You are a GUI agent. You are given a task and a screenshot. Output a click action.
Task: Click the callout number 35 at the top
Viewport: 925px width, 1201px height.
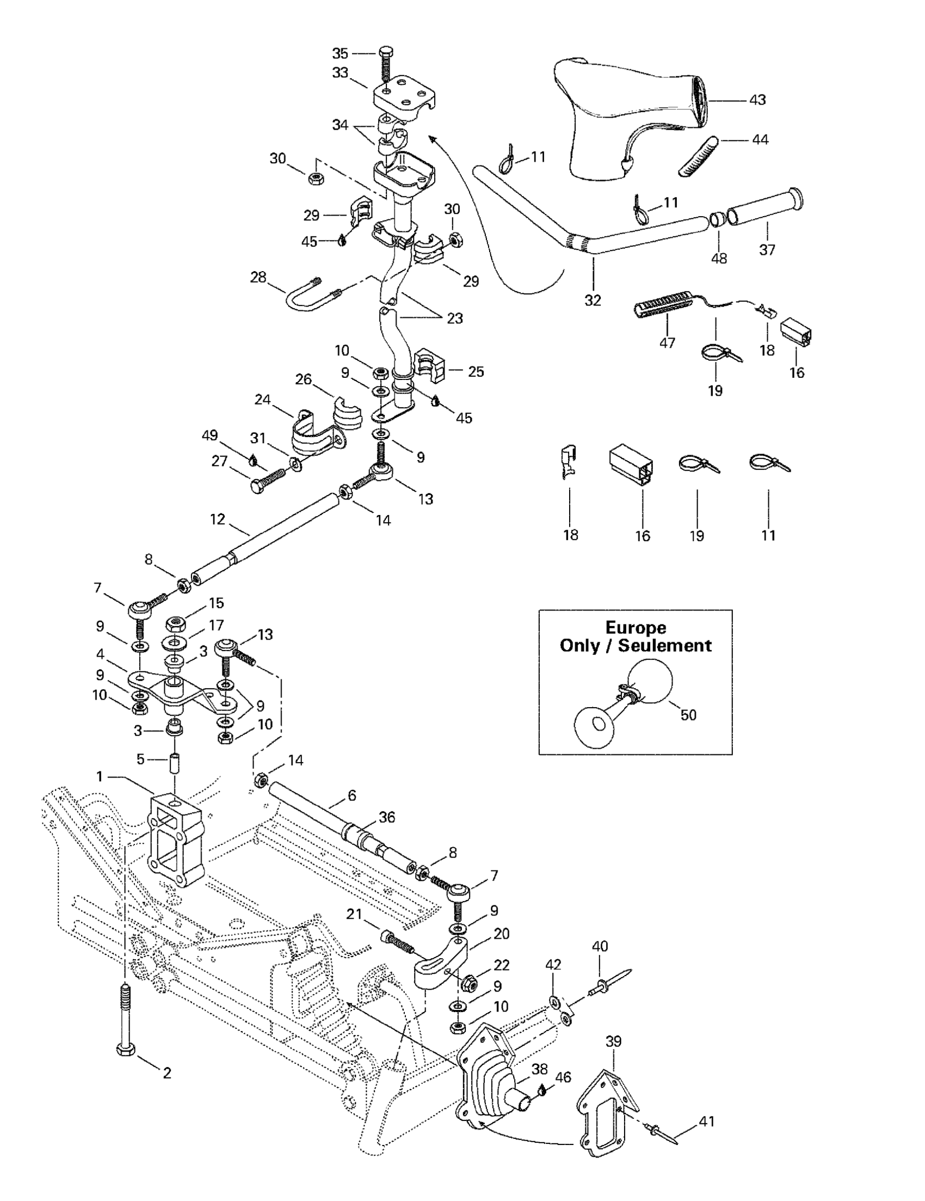click(x=340, y=53)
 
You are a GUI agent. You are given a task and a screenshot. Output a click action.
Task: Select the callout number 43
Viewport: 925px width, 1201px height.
click(x=757, y=100)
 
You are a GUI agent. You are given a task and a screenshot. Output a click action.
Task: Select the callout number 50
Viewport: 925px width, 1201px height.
click(x=688, y=715)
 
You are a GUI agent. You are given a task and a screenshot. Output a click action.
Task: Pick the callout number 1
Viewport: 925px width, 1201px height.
click(x=100, y=776)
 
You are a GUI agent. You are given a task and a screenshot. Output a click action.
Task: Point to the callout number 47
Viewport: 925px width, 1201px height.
click(x=667, y=342)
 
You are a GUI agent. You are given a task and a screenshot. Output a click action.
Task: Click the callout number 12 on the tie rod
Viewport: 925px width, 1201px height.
click(x=218, y=519)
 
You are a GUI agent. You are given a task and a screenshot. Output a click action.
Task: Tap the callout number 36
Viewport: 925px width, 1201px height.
click(x=387, y=817)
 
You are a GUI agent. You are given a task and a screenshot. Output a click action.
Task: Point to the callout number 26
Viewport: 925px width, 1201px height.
click(x=304, y=379)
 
